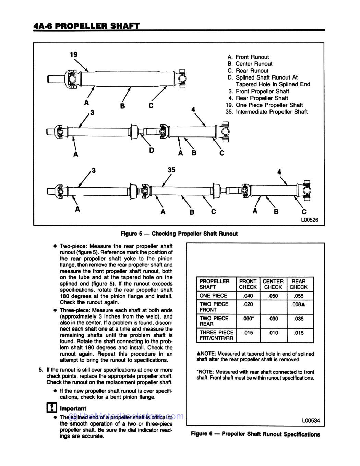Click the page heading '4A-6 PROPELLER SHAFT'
tap(86, 26)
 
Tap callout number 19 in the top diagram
tap(73, 55)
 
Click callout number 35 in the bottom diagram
tap(171, 170)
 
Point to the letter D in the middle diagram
tap(152, 150)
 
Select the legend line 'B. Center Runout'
tap(250, 64)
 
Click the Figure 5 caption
tap(179, 234)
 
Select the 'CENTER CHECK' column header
tap(273, 284)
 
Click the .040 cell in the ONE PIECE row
tap(248, 296)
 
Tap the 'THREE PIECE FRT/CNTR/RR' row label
tap(216, 335)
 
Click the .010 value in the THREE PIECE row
tap(273, 333)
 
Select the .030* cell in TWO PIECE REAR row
tap(248, 319)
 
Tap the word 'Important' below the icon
tap(73, 408)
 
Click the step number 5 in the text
tap(41, 370)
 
